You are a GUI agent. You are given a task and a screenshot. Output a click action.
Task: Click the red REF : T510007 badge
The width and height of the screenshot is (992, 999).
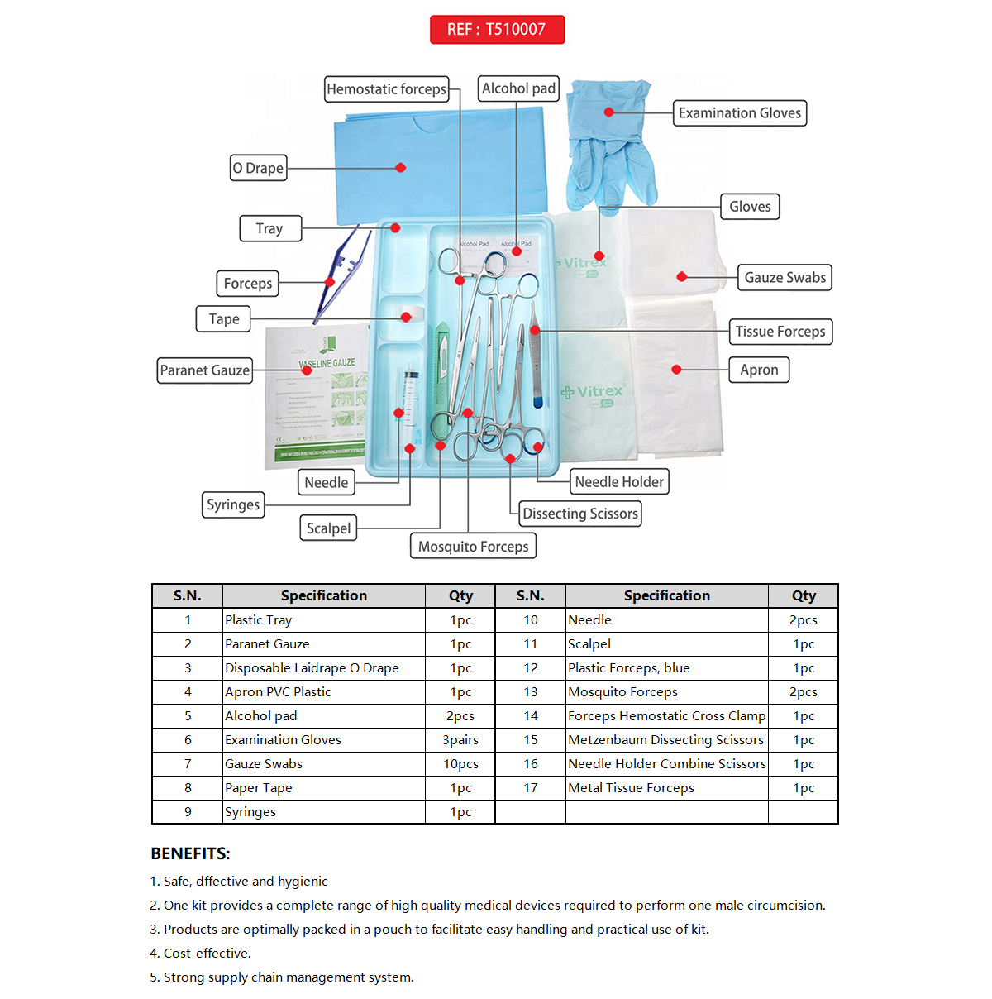coord(497,30)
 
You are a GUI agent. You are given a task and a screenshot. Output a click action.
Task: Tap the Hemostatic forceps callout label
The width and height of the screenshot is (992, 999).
coord(386,89)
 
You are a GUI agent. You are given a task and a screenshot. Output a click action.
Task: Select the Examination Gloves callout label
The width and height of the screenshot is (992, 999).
coord(740,113)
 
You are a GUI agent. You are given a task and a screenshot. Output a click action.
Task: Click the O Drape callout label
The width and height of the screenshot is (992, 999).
coord(258,168)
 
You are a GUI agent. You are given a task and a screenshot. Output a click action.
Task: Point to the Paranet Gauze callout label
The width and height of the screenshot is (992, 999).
coord(204,370)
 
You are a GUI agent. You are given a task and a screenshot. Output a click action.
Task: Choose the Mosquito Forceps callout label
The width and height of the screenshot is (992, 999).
coord(473,547)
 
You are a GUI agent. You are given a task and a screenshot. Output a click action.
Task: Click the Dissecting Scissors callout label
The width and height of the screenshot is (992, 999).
coord(580,514)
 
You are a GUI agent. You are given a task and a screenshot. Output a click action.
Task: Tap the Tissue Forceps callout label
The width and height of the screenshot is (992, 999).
coord(780,332)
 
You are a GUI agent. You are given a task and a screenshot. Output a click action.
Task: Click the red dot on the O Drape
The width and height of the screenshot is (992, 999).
coord(401,168)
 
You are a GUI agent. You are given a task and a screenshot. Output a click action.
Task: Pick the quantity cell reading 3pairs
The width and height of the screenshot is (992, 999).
coord(460,740)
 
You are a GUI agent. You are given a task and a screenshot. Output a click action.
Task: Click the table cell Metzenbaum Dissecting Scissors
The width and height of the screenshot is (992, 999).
coord(665,740)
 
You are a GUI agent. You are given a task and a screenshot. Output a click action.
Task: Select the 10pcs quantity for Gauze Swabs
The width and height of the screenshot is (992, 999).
coord(460,764)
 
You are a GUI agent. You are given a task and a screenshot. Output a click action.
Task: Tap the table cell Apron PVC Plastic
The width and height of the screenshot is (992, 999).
coord(278,692)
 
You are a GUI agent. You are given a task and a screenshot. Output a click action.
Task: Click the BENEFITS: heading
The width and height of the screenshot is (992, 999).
coord(190,853)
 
